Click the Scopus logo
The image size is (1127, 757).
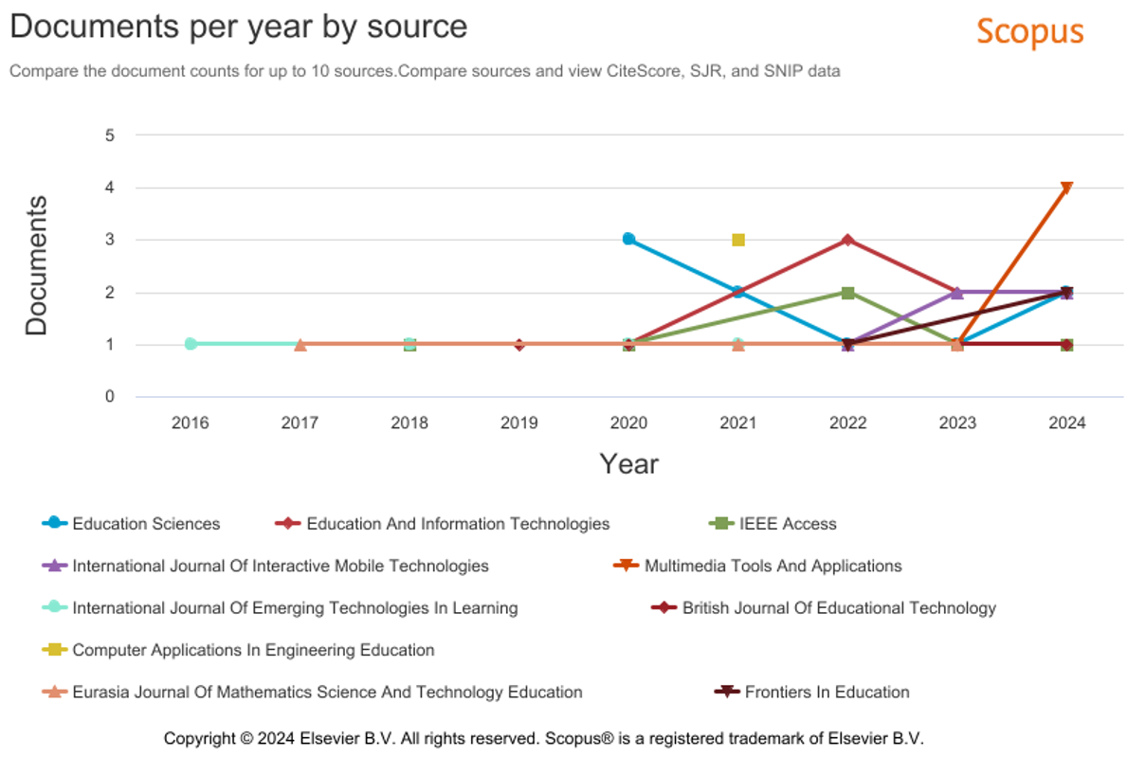(x=1029, y=31)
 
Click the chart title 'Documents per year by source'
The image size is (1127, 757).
(x=239, y=27)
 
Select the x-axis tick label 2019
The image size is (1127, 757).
(x=518, y=424)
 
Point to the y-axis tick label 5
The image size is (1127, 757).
(x=110, y=135)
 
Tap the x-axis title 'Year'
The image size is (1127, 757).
(x=628, y=463)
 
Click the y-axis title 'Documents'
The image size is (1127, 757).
(x=37, y=265)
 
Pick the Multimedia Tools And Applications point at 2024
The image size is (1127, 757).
(x=1066, y=188)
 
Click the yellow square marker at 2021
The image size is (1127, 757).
(x=738, y=240)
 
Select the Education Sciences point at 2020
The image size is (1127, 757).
(x=628, y=239)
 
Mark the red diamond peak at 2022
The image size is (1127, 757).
(x=847, y=240)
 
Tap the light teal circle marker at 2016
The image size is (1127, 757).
(x=191, y=344)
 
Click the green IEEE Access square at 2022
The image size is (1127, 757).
(x=848, y=293)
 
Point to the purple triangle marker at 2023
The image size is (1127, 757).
(x=957, y=293)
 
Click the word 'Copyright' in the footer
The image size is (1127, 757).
(x=199, y=738)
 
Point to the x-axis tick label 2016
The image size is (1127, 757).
(x=191, y=424)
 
